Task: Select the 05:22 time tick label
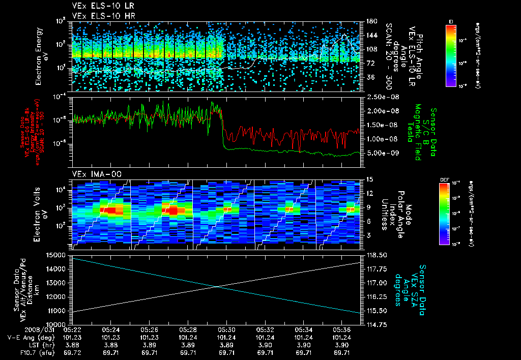72,329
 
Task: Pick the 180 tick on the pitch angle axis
371,21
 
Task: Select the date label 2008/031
20,329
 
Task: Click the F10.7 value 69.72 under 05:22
72,352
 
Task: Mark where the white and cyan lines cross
218,287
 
